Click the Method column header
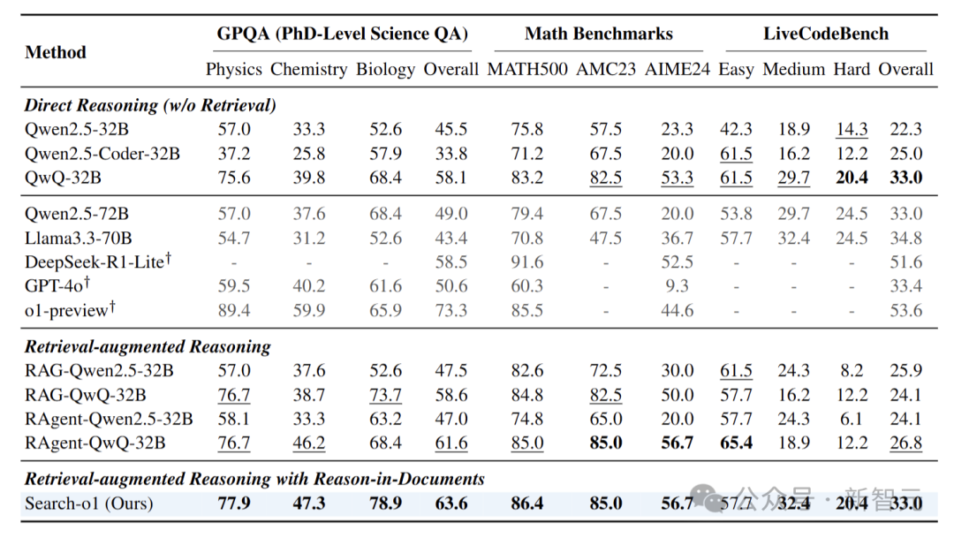56,52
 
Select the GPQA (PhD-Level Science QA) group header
343,34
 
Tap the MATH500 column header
526,70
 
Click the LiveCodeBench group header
826,34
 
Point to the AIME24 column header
678,70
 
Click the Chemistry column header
308,70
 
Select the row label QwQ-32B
63,178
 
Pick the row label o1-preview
70,310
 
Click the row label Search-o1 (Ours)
89,504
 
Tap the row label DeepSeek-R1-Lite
98,261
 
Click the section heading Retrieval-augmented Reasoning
148,347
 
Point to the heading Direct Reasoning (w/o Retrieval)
150,105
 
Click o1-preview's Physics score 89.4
234,310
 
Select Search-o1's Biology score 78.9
385,504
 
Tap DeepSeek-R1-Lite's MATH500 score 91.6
526,262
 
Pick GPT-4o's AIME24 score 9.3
678,286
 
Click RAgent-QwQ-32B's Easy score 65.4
736,443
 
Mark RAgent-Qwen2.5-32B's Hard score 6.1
852,419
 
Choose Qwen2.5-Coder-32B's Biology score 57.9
385,154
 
